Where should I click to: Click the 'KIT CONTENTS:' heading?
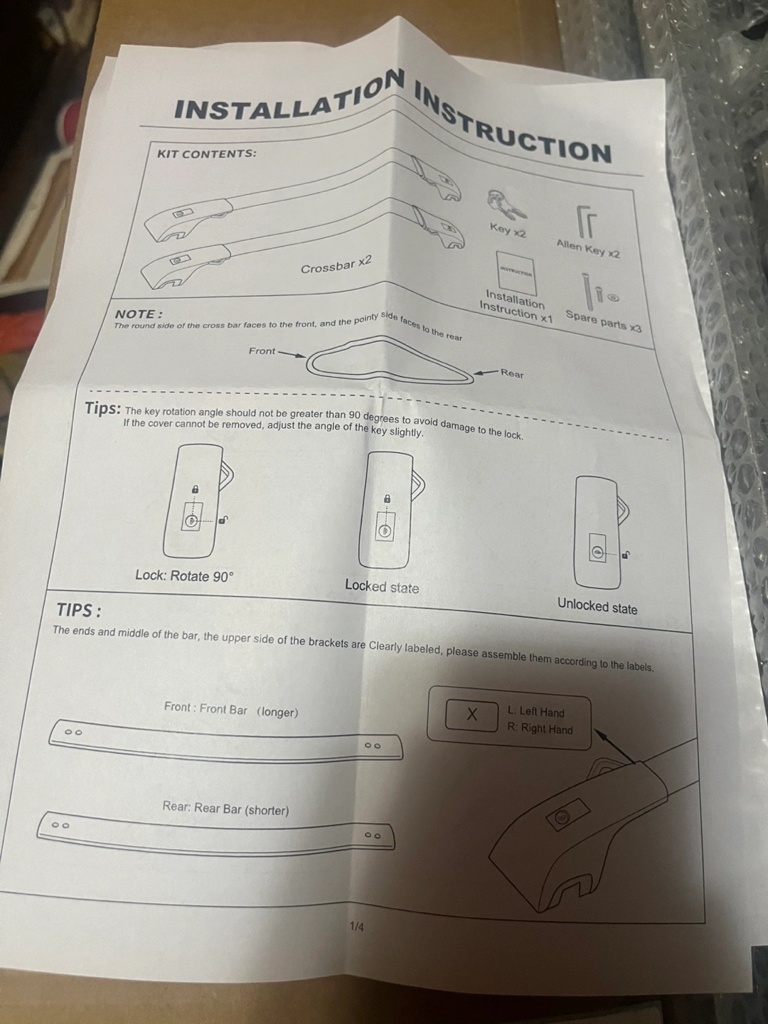click(206, 154)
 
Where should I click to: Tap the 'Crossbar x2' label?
click(336, 265)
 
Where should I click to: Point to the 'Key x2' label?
click(508, 230)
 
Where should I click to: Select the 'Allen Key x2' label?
click(588, 249)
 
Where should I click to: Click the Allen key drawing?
click(586, 222)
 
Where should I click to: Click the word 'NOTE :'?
click(139, 314)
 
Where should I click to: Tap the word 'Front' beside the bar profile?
click(262, 351)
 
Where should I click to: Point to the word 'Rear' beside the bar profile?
click(512, 373)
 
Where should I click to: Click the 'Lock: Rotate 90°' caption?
click(183, 576)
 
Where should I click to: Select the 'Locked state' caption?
click(382, 587)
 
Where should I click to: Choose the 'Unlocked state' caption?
click(597, 606)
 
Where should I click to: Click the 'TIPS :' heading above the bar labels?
click(79, 609)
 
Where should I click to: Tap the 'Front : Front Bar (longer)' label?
click(231, 710)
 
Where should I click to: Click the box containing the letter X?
click(472, 715)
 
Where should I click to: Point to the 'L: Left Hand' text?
click(536, 712)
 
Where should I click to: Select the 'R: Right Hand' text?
click(540, 728)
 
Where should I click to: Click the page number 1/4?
click(357, 927)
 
